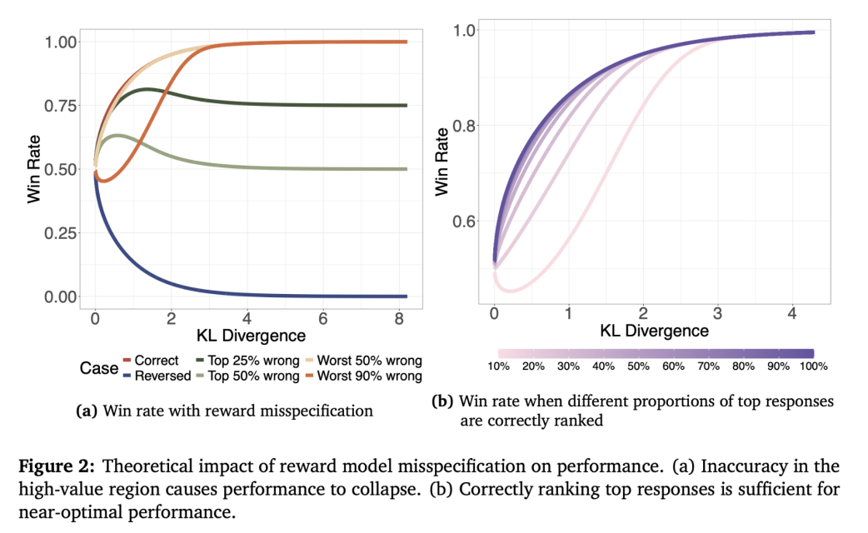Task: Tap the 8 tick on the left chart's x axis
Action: click(x=399, y=319)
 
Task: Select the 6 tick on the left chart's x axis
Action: click(x=323, y=319)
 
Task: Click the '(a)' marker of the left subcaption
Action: click(x=86, y=410)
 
